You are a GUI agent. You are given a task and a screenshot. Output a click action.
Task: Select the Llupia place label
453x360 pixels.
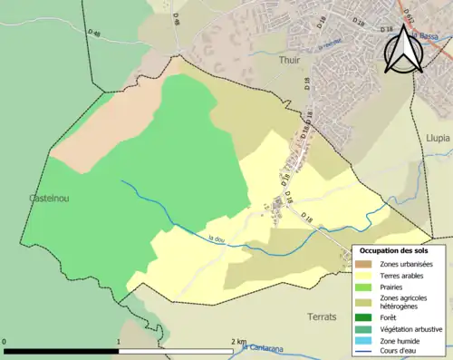[437, 138]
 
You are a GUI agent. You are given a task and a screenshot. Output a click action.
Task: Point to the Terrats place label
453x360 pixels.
[322, 317]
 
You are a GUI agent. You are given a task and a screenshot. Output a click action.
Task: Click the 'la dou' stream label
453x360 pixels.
[216, 239]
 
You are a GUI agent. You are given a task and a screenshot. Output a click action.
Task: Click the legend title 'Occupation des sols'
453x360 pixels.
[394, 250]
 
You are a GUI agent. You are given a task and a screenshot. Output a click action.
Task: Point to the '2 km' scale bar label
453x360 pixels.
[237, 342]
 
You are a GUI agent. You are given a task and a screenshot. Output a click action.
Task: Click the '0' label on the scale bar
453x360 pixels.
[5, 342]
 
